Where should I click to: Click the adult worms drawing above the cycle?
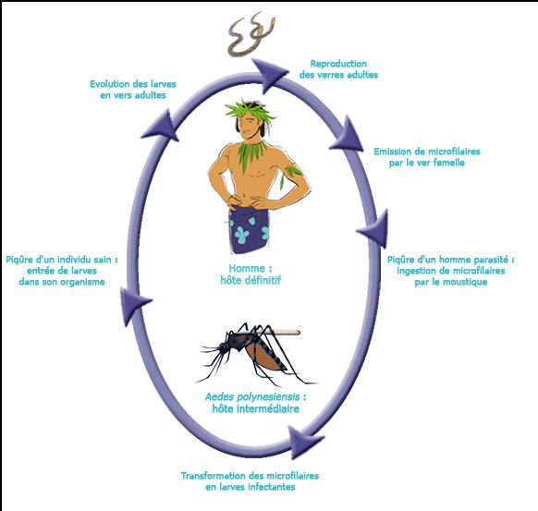point(251,34)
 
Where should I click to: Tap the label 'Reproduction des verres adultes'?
point(338,69)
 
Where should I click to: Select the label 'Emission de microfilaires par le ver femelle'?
point(427,157)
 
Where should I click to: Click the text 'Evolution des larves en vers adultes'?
point(133,90)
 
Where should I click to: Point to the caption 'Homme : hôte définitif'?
point(251,274)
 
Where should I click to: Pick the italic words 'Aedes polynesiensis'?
point(252,397)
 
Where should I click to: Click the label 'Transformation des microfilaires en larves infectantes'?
point(250,481)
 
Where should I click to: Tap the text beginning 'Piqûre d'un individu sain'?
point(62,271)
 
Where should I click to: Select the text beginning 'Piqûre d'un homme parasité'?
point(451,271)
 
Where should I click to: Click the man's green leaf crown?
point(249,109)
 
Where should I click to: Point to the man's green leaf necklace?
point(251,153)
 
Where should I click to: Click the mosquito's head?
point(224,347)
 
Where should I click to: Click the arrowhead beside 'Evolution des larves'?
point(162,127)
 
